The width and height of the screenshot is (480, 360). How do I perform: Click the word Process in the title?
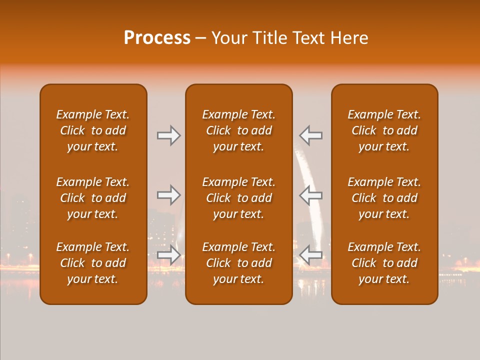pos(157,38)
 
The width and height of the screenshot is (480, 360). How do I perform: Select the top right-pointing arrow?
pos(168,135)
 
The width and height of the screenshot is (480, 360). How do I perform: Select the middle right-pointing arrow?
pos(168,195)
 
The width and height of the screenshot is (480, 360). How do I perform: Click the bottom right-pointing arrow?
pos(168,255)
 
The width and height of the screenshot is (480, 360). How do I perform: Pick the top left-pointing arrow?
pos(311,135)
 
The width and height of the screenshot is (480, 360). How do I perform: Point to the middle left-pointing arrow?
pos(311,195)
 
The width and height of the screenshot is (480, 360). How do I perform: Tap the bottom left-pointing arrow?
pos(311,255)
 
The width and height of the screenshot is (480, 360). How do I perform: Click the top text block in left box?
pos(93,130)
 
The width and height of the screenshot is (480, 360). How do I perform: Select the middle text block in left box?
pos(93,198)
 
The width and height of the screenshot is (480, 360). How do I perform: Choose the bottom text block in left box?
pos(93,263)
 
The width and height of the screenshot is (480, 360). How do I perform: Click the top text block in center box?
pos(239,130)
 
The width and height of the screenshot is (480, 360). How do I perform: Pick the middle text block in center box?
pos(239,198)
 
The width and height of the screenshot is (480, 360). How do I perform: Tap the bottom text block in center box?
pos(239,263)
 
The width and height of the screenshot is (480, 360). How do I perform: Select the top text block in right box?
pos(384,130)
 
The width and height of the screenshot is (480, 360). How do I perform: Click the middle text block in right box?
pos(384,198)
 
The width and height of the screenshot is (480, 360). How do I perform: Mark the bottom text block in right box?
pos(384,263)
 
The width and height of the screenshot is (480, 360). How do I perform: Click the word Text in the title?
pos(308,38)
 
